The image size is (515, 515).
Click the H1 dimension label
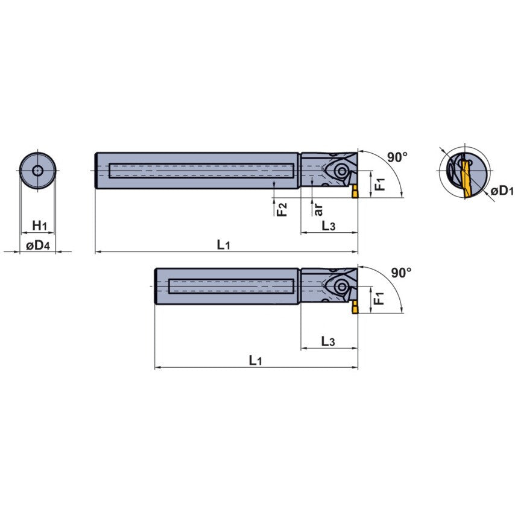tap(39, 226)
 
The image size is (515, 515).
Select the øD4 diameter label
tap(38, 245)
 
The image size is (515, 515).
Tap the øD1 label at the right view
tap(502, 191)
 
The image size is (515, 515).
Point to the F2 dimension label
tap(282, 209)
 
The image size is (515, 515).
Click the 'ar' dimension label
tap(318, 210)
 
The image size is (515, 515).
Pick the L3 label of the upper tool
tap(328, 226)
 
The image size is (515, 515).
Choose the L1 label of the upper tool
tap(223, 244)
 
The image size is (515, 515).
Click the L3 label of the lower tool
tap(328, 341)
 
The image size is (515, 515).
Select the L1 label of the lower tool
tap(255, 360)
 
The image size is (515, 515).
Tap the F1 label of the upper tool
tap(380, 185)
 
